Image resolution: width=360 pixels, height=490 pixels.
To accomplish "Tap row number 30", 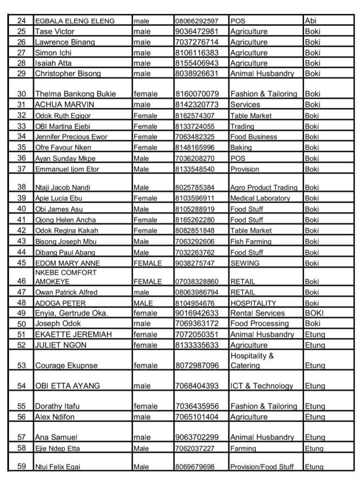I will coord(21,94).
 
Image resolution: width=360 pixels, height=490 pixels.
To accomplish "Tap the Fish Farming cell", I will coord(251,242).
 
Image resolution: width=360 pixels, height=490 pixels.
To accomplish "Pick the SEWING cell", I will coord(245,263).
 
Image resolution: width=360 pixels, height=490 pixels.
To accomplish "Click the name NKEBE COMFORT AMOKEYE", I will coord(66,277).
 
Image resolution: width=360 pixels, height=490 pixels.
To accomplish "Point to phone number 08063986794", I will coord(197,292).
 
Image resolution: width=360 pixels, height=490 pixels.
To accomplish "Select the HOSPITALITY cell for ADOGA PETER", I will coord(253,303).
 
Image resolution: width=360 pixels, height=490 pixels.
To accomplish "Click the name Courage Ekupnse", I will coord(66,366).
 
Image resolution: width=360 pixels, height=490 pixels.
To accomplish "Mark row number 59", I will coord(21,467).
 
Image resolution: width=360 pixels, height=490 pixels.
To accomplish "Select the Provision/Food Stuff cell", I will coord(264,467).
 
